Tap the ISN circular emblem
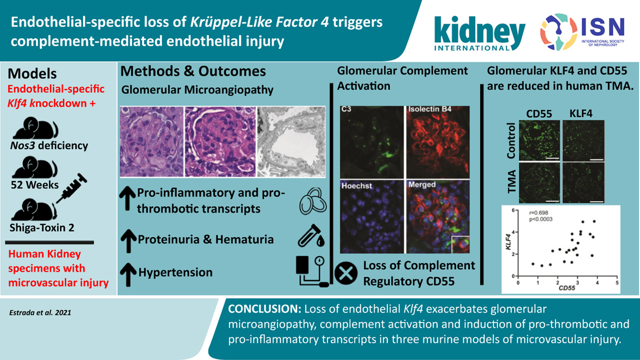tap(559, 32)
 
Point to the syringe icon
tap(72, 188)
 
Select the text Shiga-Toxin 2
tap(42, 228)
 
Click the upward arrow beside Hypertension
tap(128, 274)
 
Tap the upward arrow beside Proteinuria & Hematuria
tap(128, 241)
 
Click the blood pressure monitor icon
tap(312, 271)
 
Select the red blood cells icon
tap(313, 202)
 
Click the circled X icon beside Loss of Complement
tap(346, 273)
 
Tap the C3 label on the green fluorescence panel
tap(346, 109)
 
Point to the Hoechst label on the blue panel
tap(357, 186)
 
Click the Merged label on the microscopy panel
tap(422, 184)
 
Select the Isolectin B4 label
tap(430, 109)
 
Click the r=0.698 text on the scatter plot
tap(538, 213)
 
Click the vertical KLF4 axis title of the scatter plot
tap(508, 242)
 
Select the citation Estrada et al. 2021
tap(40, 312)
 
